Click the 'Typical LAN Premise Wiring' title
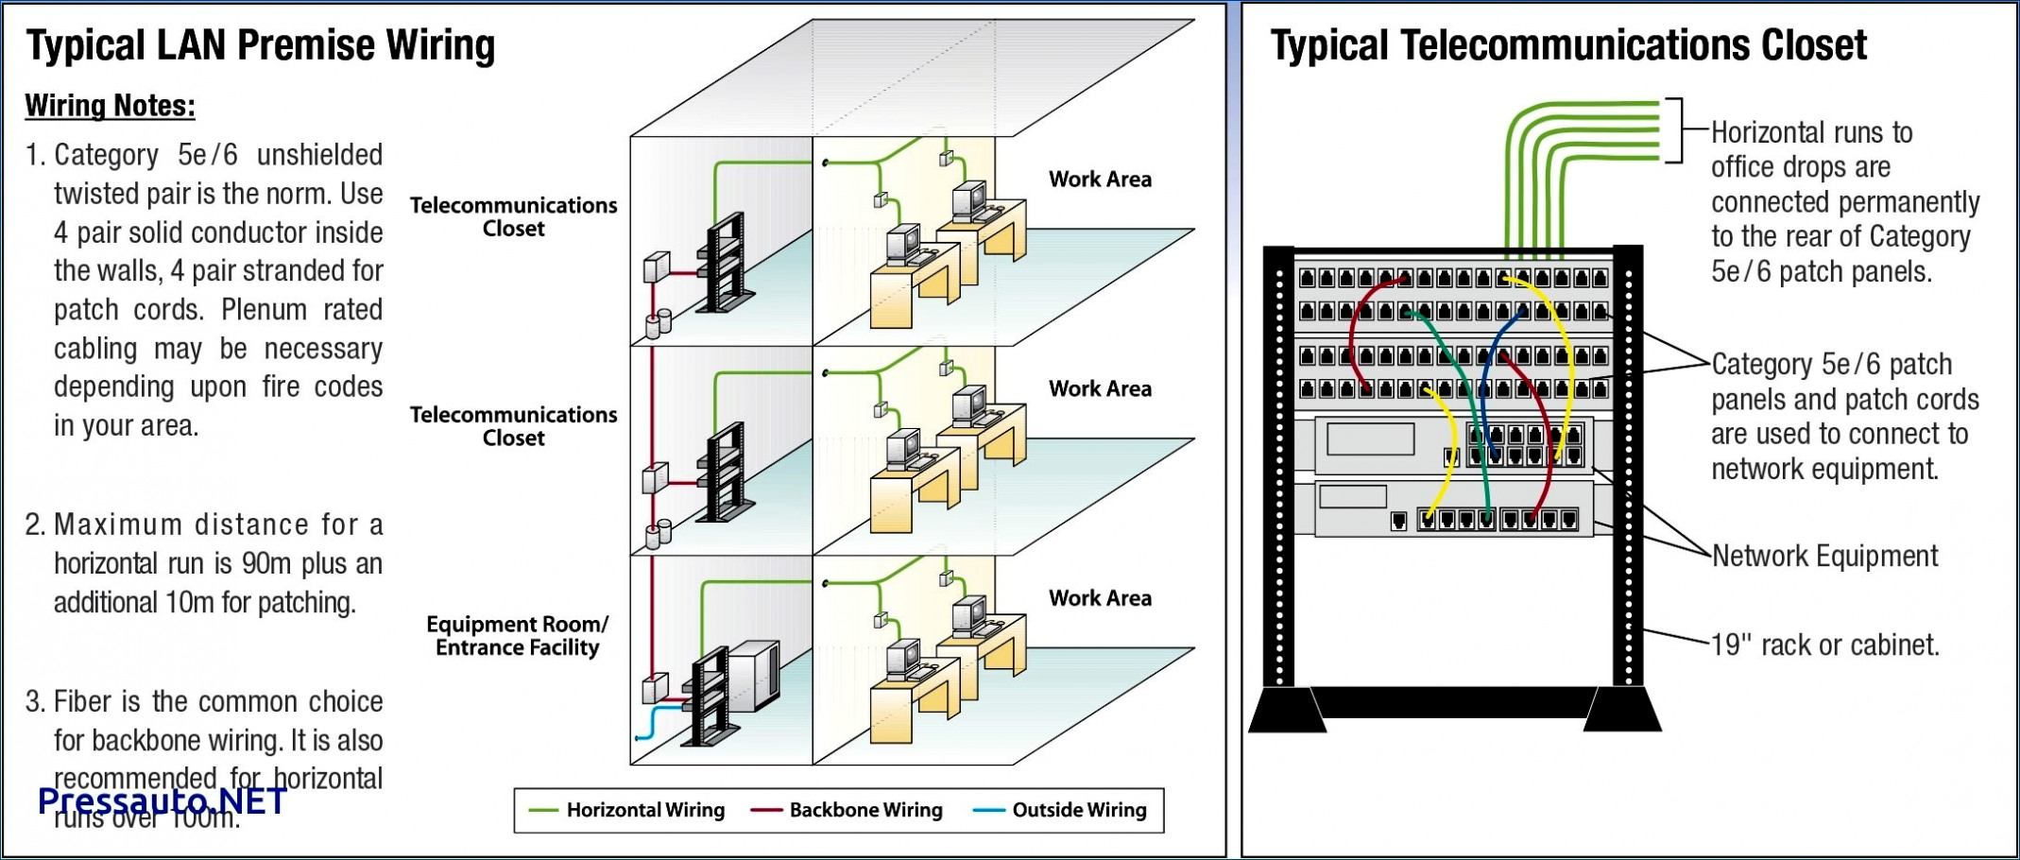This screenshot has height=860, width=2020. pyautogui.click(x=261, y=45)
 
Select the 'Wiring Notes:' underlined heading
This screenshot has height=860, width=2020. pyautogui.click(x=110, y=106)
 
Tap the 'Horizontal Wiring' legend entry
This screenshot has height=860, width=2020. pyautogui.click(x=645, y=810)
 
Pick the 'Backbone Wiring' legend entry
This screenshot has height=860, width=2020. pyautogui.click(x=865, y=810)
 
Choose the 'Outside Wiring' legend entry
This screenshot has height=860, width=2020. pyautogui.click(x=1079, y=810)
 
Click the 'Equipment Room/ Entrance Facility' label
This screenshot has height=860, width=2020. pyautogui.click(x=517, y=636)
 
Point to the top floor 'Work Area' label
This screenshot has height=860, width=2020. pyautogui.click(x=1100, y=180)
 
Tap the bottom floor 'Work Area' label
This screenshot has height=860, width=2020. pyautogui.click(x=1100, y=598)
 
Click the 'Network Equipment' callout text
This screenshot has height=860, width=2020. pyautogui.click(x=1824, y=557)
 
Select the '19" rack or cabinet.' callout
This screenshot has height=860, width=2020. pyautogui.click(x=1825, y=645)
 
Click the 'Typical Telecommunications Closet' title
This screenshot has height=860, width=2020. pyautogui.click(x=1568, y=45)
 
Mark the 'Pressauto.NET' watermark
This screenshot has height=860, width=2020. pyautogui.click(x=162, y=801)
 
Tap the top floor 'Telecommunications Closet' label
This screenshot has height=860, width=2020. pyautogui.click(x=513, y=217)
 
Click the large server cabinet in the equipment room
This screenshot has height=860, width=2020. pyautogui.click(x=755, y=673)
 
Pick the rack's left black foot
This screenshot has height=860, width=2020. pyautogui.click(x=1287, y=711)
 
